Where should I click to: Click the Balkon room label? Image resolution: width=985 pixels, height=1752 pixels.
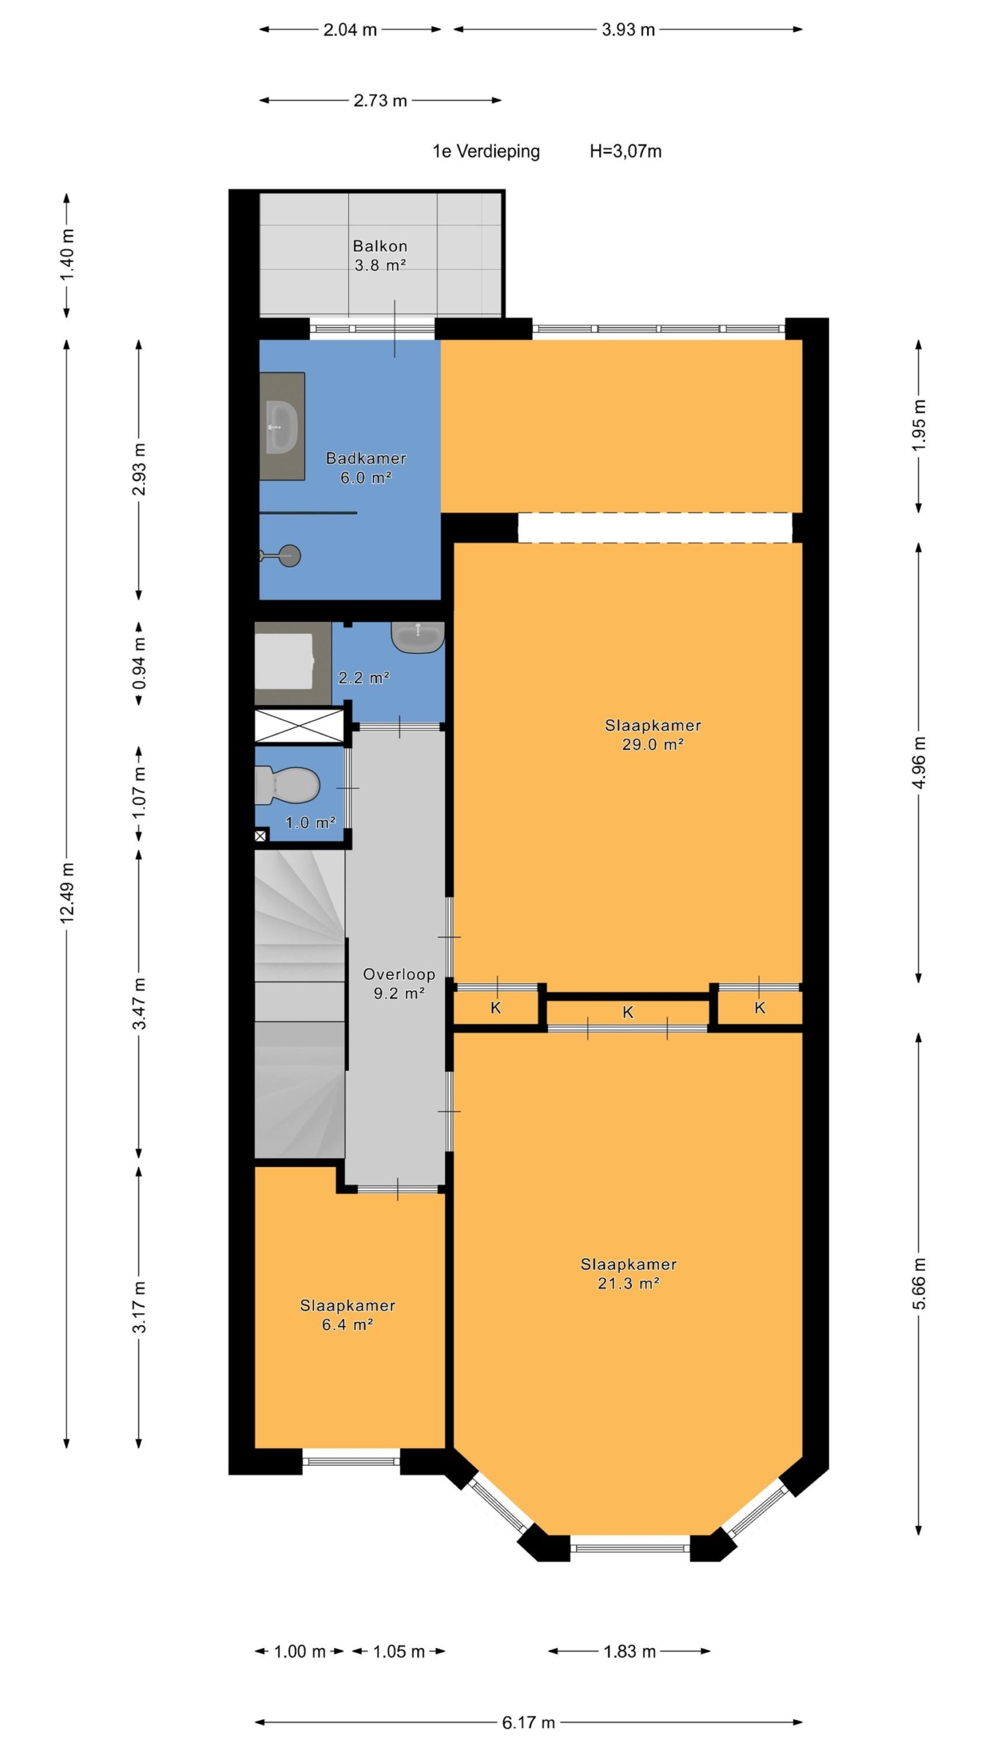coord(380,246)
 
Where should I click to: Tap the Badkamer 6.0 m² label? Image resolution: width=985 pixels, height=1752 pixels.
coord(366,468)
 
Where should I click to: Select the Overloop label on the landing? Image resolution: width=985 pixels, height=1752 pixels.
coord(399,974)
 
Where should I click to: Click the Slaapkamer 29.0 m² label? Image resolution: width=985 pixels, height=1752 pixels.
coord(653,734)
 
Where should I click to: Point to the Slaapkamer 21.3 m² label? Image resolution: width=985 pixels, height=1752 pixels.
coord(629,1274)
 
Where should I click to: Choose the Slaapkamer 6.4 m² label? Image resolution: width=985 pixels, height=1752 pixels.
coord(347,1315)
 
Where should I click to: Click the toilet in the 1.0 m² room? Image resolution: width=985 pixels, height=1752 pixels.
coord(287,784)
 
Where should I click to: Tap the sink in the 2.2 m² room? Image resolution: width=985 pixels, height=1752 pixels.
coord(418,637)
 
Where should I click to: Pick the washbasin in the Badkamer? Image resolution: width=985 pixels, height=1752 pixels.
coord(281,426)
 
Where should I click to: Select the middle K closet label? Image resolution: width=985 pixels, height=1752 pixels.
coord(628,1012)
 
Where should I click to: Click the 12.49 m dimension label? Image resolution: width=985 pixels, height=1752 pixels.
coord(67,893)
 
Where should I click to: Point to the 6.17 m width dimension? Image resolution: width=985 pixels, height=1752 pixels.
coord(528,1723)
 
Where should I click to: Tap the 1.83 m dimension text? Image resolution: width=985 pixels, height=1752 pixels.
coord(629,1651)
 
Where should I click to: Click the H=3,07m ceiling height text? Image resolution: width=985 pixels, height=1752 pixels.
coord(626,151)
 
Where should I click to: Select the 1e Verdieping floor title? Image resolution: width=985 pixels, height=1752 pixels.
coord(486,151)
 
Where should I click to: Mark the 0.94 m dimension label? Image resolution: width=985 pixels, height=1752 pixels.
coord(139,664)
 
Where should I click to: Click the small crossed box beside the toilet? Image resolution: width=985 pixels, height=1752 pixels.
coord(260,836)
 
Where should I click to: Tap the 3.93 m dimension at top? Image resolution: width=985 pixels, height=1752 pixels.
coord(628,29)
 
